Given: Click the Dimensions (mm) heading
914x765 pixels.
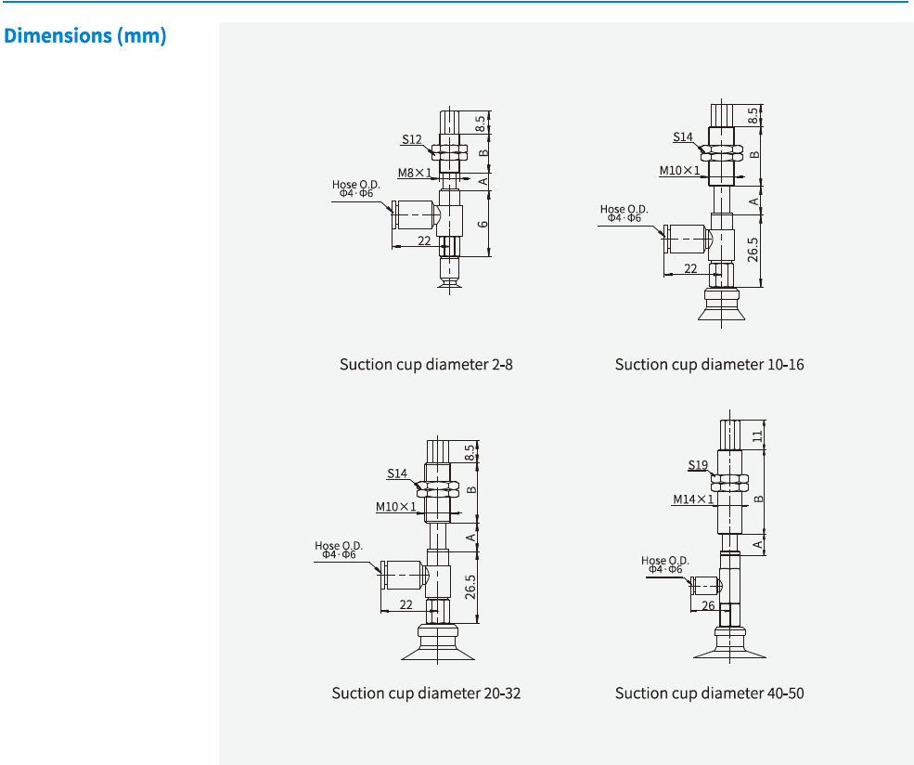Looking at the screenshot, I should (x=85, y=37).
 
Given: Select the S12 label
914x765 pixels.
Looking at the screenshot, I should (x=412, y=140).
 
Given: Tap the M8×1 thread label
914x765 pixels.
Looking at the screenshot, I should (x=415, y=173).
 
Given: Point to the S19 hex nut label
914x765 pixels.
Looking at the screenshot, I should (x=698, y=464).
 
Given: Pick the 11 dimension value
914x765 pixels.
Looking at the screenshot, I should (x=757, y=434).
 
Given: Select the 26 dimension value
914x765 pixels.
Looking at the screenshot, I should (x=708, y=606).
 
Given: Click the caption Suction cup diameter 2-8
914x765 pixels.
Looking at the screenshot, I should (x=426, y=364).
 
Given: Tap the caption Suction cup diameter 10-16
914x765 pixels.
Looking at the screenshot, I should (x=709, y=364).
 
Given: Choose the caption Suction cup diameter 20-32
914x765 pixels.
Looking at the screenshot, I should (x=426, y=693).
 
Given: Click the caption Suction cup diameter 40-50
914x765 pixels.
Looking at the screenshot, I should (x=709, y=693).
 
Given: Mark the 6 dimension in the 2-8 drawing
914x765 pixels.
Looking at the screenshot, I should (x=483, y=224).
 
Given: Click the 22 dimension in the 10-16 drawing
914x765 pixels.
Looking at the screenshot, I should (x=690, y=268).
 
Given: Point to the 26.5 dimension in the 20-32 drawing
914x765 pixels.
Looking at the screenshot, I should (x=470, y=587).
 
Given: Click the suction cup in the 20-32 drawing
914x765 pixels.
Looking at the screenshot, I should (x=437, y=644).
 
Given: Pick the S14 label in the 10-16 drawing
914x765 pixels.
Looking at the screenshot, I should (x=683, y=137).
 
